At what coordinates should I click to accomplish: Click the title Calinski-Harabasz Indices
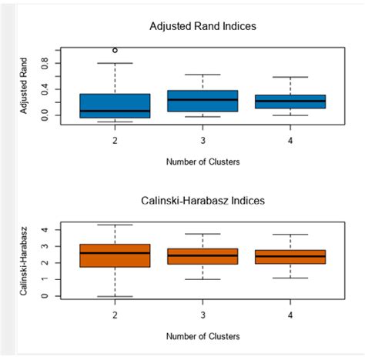coord(203,201)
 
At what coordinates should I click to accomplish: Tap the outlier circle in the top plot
coord(115,51)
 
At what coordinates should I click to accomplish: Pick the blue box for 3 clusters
coord(203,101)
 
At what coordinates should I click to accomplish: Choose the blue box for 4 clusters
coord(290,102)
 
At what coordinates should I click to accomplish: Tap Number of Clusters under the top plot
coord(203,162)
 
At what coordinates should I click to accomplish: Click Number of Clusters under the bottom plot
coord(203,336)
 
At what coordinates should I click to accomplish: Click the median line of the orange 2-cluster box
coord(115,253)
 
